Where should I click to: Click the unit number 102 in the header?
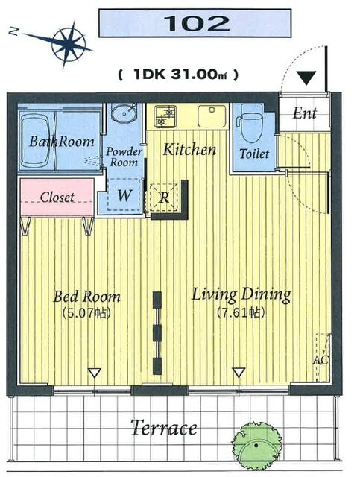[197, 23]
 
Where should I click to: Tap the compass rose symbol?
[68, 45]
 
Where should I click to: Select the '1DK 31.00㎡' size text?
[177, 74]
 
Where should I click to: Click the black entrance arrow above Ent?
[306, 78]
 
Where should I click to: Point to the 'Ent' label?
[305, 113]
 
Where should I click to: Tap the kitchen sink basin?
[212, 116]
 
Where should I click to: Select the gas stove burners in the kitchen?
[165, 116]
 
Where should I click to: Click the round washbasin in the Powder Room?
[124, 113]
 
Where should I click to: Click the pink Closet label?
[57, 198]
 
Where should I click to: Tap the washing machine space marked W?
[124, 195]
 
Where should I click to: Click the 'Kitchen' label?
[189, 149]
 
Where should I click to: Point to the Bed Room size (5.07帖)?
[86, 313]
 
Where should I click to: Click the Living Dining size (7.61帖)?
[241, 312]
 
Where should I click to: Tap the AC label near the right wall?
[321, 360]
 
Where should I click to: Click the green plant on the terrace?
[256, 445]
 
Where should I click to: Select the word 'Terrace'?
[164, 428]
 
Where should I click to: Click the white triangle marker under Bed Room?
[95, 373]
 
